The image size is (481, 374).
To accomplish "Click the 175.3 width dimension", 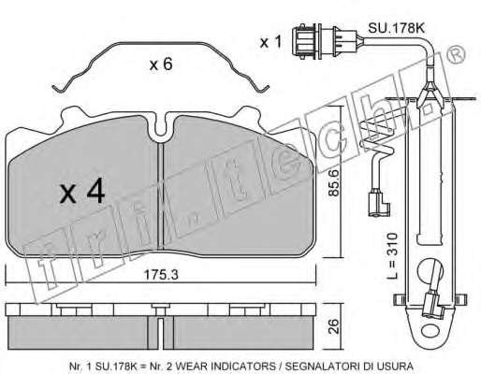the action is pyautogui.click(x=161, y=275).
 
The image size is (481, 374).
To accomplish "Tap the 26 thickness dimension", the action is pyautogui.click(x=334, y=326).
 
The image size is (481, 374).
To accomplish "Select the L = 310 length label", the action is pyautogui.click(x=393, y=255).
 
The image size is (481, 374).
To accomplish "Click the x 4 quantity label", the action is pyautogui.click(x=82, y=193).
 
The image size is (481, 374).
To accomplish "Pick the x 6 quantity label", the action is pyautogui.click(x=161, y=65).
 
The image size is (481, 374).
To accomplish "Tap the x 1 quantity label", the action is pyautogui.click(x=270, y=42).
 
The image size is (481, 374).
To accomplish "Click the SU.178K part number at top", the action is pyautogui.click(x=396, y=29).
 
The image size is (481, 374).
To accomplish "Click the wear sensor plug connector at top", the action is pyautogui.click(x=325, y=42).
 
